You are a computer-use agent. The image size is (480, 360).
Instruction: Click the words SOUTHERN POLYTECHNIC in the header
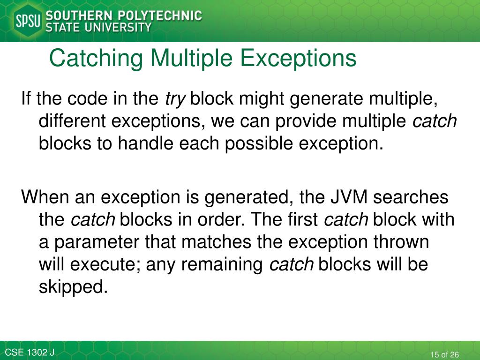pyautogui.click(x=123, y=15)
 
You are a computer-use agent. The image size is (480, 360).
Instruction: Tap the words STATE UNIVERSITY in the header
pyautogui.click(x=98, y=27)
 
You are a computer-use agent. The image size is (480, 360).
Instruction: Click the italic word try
pyautogui.click(x=175, y=99)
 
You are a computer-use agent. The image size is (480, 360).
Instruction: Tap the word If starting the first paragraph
pyautogui.click(x=27, y=99)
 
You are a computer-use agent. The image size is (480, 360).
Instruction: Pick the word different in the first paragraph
pyautogui.click(x=72, y=121)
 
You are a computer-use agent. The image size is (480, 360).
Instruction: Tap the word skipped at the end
pyautogui.click(x=73, y=287)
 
